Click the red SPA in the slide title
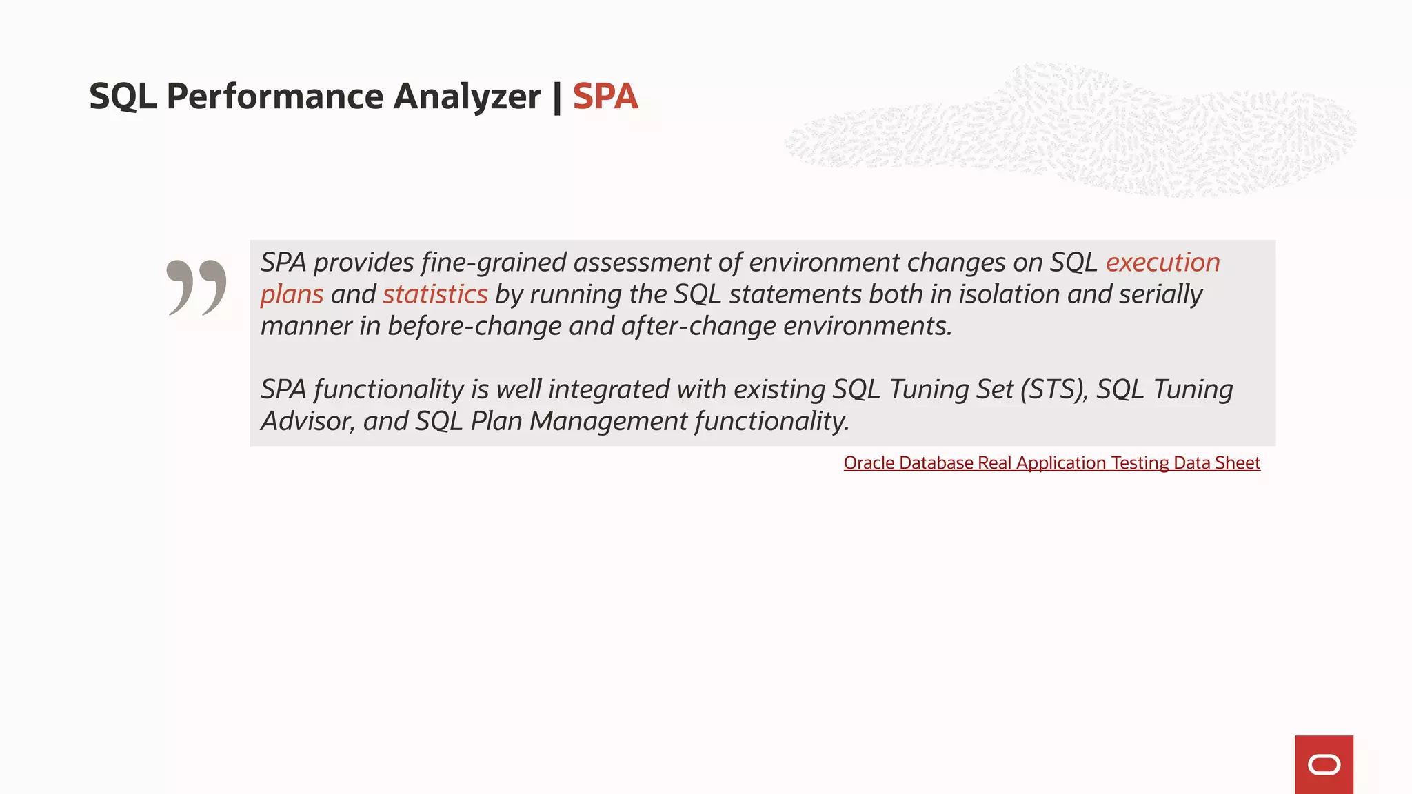[605, 96]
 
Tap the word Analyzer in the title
[467, 96]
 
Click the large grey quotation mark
[196, 287]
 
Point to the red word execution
[1162, 263]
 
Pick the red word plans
[292, 294]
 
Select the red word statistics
[435, 294]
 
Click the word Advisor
[307, 421]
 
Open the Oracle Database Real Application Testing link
[1051, 462]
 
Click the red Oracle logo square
[1324, 764]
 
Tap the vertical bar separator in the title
[556, 96]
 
